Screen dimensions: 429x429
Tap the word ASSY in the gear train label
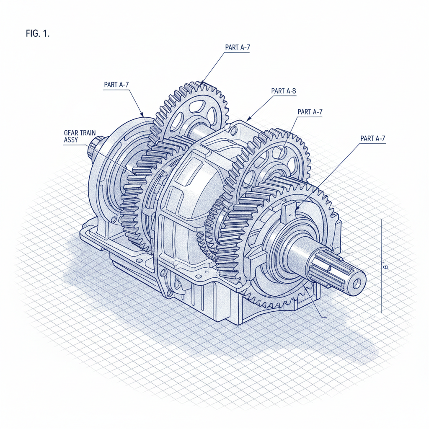(x=70, y=141)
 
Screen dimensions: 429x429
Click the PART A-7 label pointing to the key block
(x=372, y=138)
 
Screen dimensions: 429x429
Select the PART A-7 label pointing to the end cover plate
(x=116, y=85)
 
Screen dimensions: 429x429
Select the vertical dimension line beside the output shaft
(x=381, y=268)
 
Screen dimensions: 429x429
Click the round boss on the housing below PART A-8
(x=233, y=132)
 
